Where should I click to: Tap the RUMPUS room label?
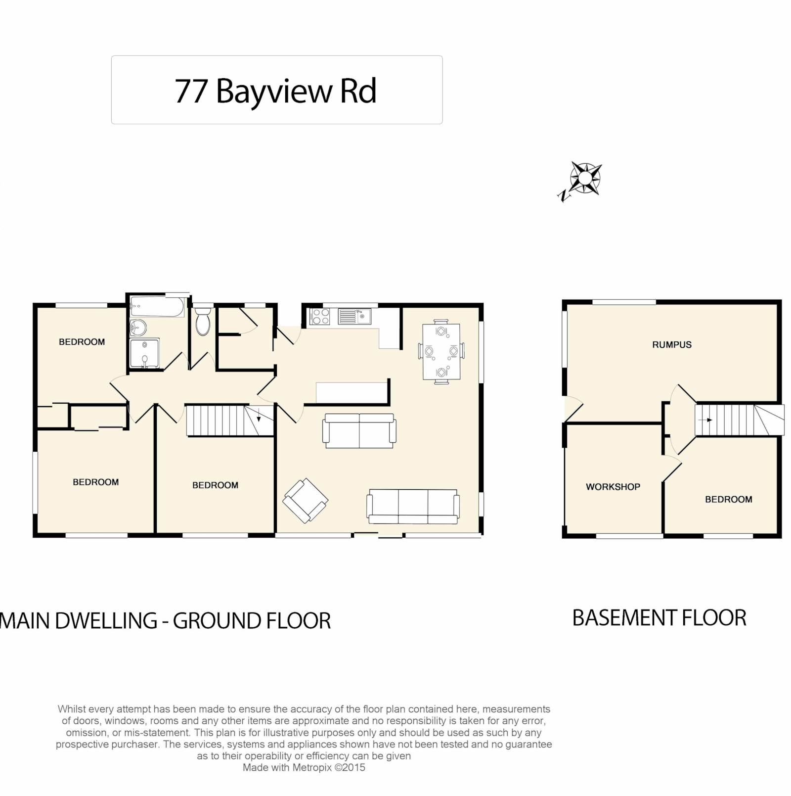click(672, 345)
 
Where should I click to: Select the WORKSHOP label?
click(613, 487)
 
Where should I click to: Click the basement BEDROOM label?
click(729, 500)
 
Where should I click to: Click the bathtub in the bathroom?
click(157, 307)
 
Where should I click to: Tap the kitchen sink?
click(354, 316)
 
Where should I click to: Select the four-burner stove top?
click(319, 317)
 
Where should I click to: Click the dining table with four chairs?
click(441, 352)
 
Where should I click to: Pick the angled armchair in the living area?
click(306, 500)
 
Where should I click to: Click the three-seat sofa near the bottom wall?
click(413, 507)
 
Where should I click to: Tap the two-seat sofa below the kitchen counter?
click(359, 431)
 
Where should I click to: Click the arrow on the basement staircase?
click(705, 420)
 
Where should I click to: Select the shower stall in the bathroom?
click(144, 353)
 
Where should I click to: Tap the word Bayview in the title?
click(274, 92)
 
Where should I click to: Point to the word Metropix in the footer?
click(312, 768)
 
